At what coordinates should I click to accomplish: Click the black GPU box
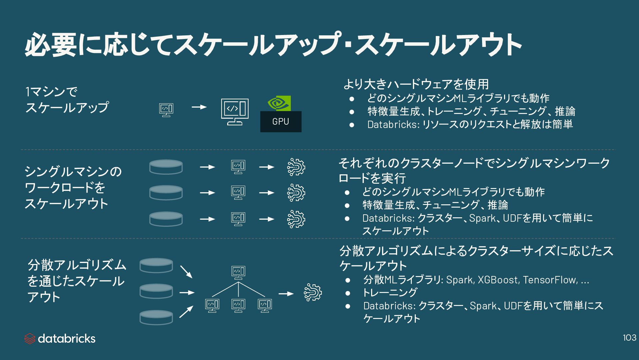[281, 122]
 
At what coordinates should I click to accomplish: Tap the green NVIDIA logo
[279, 103]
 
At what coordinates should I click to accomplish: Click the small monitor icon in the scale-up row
[166, 110]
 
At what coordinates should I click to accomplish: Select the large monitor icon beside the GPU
[235, 111]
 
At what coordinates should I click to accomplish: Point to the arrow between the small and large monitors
[199, 107]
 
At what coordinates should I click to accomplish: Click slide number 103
[629, 338]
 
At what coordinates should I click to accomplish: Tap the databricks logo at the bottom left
[60, 339]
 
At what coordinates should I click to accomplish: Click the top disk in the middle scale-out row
[166, 167]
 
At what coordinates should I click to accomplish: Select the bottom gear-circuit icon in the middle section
[296, 219]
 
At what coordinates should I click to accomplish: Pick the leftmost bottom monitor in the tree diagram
[212, 305]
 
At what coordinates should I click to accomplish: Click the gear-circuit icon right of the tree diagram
[313, 293]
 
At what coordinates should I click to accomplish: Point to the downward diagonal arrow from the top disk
[186, 272]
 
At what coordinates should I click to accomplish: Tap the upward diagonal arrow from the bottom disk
[186, 312]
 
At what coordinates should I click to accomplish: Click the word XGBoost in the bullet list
[498, 280]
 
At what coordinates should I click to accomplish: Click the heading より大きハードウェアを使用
[416, 84]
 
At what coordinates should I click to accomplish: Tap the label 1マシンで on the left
[51, 92]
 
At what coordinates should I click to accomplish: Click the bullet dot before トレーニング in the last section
[348, 293]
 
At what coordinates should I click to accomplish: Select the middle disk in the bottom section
[156, 291]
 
